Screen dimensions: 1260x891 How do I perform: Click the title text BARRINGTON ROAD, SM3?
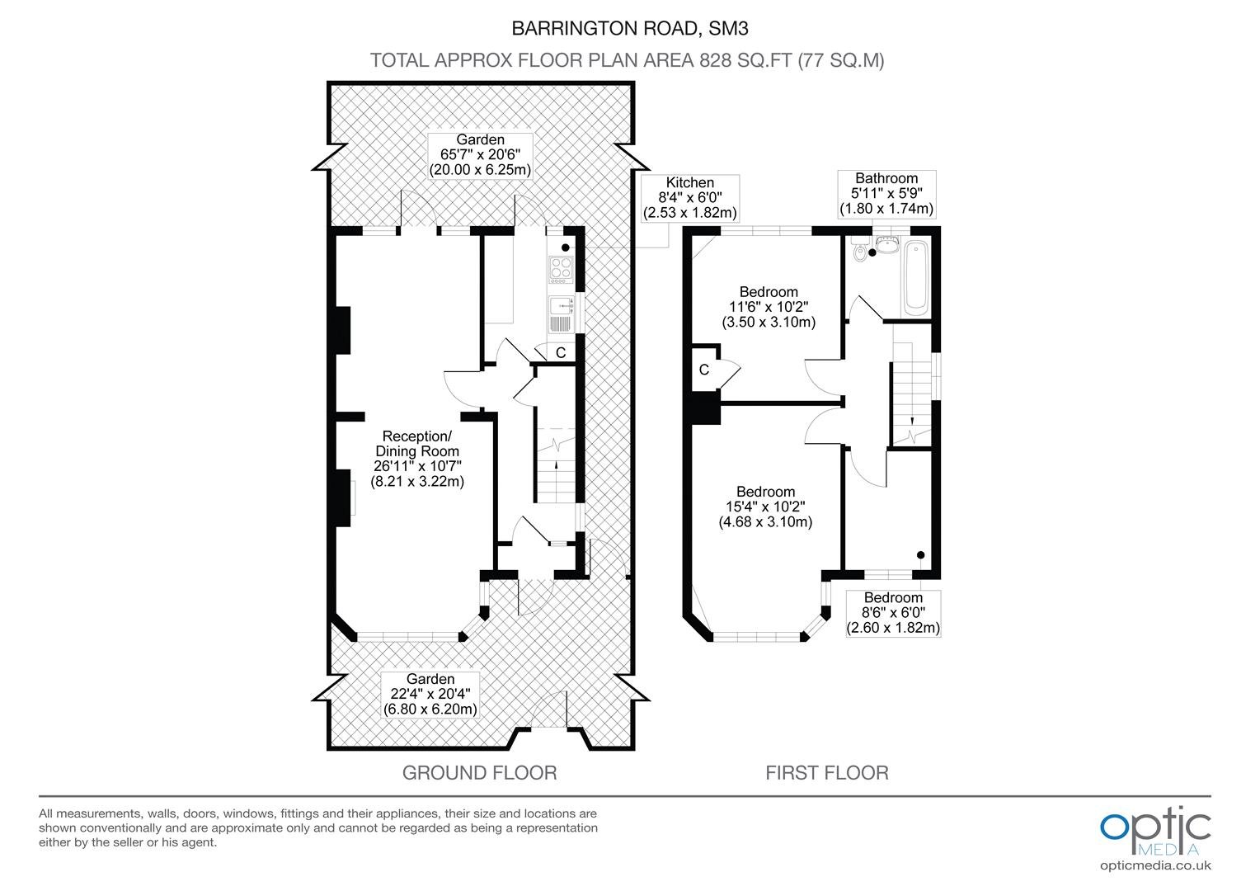click(x=629, y=29)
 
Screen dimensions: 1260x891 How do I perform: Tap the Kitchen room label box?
click(x=690, y=198)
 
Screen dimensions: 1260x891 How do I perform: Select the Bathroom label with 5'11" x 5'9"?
click(x=886, y=194)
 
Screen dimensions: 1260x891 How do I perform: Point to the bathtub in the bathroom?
click(x=916, y=278)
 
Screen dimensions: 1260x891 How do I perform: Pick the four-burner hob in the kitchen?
click(x=561, y=270)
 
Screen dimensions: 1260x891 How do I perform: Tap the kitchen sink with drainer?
click(x=562, y=314)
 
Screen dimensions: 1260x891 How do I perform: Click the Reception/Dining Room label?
click(x=417, y=458)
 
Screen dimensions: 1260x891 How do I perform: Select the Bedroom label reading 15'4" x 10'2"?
click(x=765, y=507)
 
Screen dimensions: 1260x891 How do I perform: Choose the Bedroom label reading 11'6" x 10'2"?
click(x=769, y=307)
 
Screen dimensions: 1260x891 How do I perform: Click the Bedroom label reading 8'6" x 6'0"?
click(x=893, y=613)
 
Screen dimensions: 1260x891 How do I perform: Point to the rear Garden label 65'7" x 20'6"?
click(x=481, y=155)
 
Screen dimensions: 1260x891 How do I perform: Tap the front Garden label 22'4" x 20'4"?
click(x=430, y=694)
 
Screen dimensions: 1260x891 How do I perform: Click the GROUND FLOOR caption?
click(x=479, y=773)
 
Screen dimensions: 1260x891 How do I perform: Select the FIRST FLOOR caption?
click(x=827, y=773)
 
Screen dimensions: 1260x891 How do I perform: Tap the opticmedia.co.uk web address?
click(x=1155, y=866)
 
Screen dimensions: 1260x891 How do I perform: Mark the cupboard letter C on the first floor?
click(x=703, y=370)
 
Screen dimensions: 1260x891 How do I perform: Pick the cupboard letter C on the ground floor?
click(x=561, y=352)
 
